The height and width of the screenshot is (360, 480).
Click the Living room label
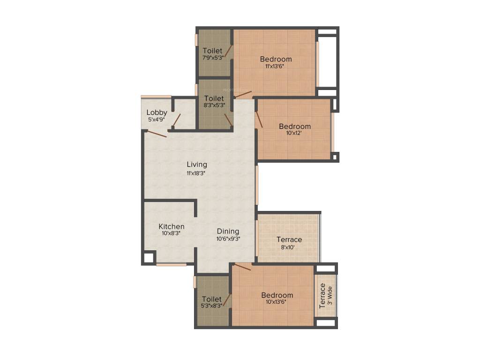pyautogui.click(x=197, y=165)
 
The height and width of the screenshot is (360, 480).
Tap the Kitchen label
pyautogui.click(x=171, y=226)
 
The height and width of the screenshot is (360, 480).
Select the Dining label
pyautogui.click(x=228, y=231)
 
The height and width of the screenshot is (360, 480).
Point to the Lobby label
pyautogui.click(x=157, y=112)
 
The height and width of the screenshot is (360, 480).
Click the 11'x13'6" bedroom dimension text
pyautogui.click(x=275, y=66)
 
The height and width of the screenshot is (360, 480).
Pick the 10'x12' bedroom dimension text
pyautogui.click(x=294, y=133)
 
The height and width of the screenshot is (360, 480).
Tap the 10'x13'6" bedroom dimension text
pyautogui.click(x=277, y=302)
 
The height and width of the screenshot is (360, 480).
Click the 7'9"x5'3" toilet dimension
pyautogui.click(x=212, y=58)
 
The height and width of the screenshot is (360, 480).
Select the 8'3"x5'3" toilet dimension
pyautogui.click(x=214, y=105)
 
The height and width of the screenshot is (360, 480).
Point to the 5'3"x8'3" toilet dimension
pyautogui.click(x=211, y=306)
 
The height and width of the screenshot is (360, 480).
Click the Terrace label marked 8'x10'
pyautogui.click(x=289, y=240)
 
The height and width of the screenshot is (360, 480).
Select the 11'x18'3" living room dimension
pyautogui.click(x=196, y=172)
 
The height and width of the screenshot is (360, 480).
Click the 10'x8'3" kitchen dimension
pyautogui.click(x=171, y=233)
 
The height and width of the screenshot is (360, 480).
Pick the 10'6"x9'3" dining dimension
pyautogui.click(x=228, y=239)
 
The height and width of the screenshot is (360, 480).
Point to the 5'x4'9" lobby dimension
pyautogui.click(x=157, y=120)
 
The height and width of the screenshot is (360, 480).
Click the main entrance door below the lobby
pyautogui.click(x=156, y=134)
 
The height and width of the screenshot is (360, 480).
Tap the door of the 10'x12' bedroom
pyautogui.click(x=259, y=120)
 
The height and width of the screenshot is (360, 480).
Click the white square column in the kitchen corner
pyautogui.click(x=149, y=257)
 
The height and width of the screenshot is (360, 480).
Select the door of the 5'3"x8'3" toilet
pyautogui.click(x=227, y=300)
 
